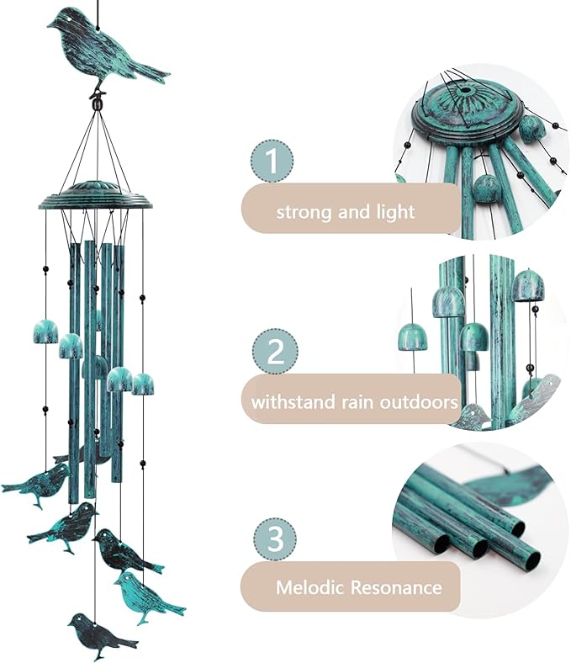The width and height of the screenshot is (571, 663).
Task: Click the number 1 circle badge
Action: [272, 161]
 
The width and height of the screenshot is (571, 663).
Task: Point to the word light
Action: [395, 211]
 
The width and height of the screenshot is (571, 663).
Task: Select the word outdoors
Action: [422, 402]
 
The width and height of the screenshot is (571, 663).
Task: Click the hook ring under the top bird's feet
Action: [99, 104]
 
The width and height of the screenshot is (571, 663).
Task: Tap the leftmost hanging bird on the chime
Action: [38, 485]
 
